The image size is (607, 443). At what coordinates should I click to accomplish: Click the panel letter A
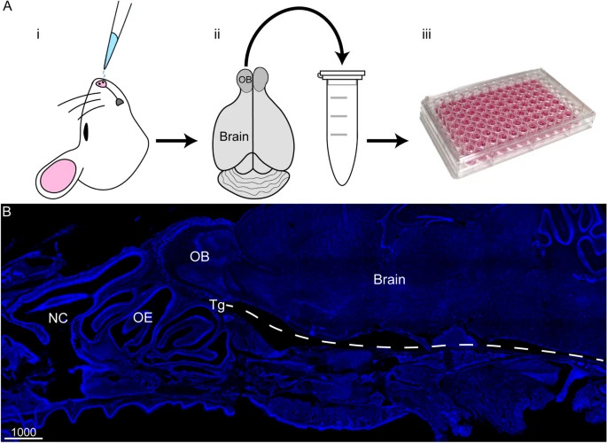pyautogui.click(x=7, y=7)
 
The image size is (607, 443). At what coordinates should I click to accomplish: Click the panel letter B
pyautogui.click(x=7, y=213)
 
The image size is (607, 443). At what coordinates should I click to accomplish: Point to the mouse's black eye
pyautogui.click(x=87, y=133)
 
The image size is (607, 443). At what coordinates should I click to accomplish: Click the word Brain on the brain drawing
pyautogui.click(x=237, y=137)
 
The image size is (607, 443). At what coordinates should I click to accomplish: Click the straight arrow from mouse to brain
pyautogui.click(x=173, y=139)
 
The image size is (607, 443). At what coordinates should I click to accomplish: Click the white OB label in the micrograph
pyautogui.click(x=198, y=256)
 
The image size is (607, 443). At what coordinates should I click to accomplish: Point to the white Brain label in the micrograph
pyautogui.click(x=390, y=280)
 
